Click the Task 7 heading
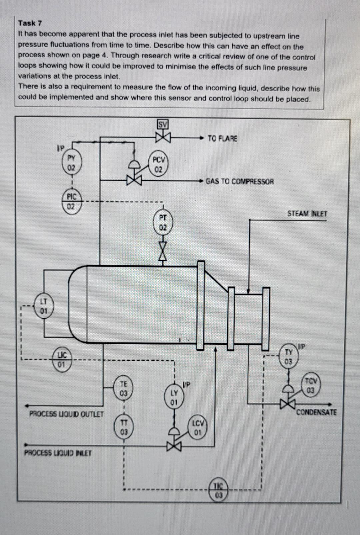(x=30, y=23)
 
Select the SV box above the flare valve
(x=163, y=125)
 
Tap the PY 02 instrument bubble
(x=71, y=162)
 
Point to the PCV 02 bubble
(x=158, y=164)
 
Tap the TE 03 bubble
(x=123, y=388)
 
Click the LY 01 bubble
(x=174, y=397)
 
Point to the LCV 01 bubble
(x=198, y=428)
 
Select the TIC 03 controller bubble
(x=218, y=490)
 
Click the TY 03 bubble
(x=288, y=357)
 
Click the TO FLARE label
(x=222, y=138)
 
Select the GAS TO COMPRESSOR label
(x=240, y=182)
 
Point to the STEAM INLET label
(x=307, y=214)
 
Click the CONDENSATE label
(x=316, y=412)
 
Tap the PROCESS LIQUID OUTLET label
(x=66, y=414)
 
